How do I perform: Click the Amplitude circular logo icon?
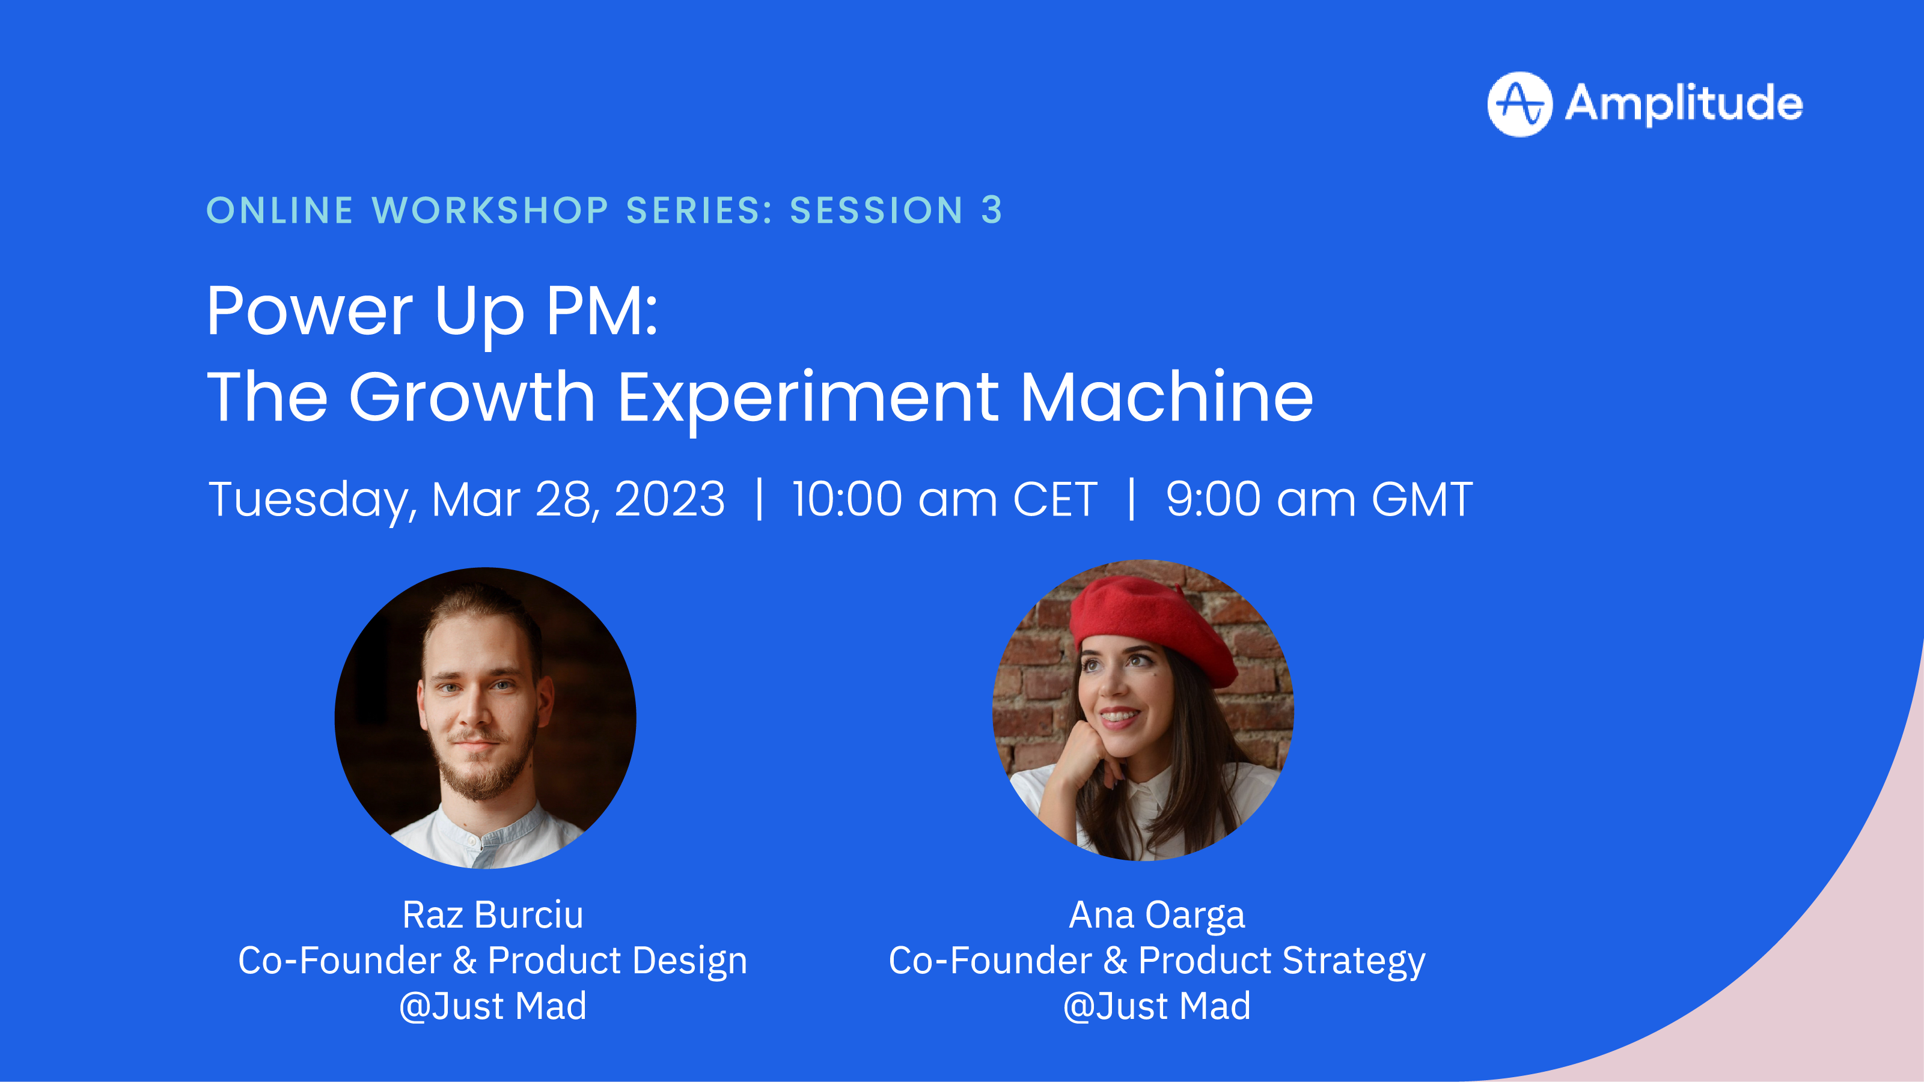(1519, 104)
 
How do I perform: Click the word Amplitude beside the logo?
(1684, 103)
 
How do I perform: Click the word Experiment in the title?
(808, 397)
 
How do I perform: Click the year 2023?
(669, 499)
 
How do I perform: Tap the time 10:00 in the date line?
(847, 499)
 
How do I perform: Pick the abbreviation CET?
(1055, 499)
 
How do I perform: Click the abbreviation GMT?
(1422, 499)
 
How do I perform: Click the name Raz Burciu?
(493, 915)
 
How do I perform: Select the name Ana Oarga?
(1157, 915)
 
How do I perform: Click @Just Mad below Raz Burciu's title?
(493, 1006)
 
